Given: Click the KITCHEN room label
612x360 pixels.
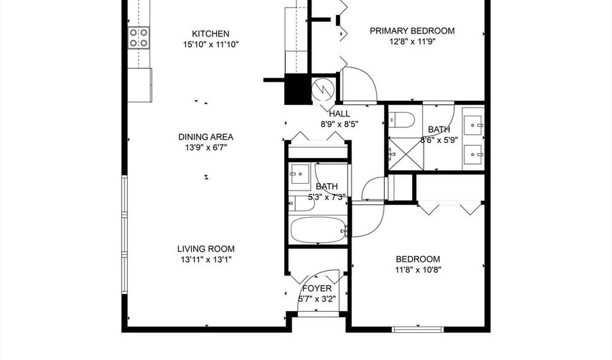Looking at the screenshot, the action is point(210,33).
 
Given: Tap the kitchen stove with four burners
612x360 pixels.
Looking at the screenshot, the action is point(139,38).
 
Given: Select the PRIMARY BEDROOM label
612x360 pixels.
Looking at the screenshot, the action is point(412,31).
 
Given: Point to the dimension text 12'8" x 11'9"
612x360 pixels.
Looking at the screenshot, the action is point(412,42).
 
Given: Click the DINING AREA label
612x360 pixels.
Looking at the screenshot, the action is point(205,137).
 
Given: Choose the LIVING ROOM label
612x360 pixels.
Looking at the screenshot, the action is point(205,249).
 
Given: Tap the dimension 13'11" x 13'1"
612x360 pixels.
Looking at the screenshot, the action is point(205,260).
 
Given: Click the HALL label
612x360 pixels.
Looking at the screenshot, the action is point(339,114).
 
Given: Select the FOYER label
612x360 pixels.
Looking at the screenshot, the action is point(317,289).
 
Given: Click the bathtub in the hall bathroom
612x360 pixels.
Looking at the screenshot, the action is point(318,230).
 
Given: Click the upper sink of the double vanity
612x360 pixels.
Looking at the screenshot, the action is point(473,126).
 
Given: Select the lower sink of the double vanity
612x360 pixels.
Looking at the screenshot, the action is point(473,154).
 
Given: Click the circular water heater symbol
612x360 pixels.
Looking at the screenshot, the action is point(323,89).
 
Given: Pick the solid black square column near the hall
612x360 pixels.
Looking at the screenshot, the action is point(298,89).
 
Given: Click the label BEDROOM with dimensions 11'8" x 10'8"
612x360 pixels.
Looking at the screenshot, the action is point(418,259).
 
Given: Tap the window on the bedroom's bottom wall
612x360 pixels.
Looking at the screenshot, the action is point(418,329).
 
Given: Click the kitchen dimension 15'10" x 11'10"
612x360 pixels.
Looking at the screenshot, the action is point(211,44).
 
